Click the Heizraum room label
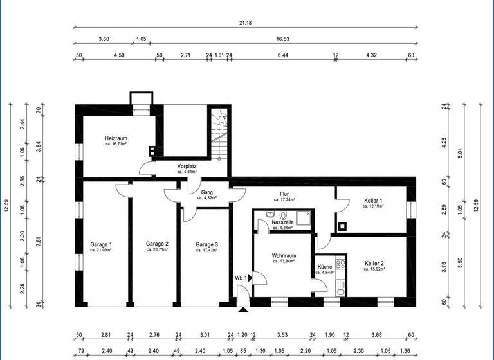[118, 138]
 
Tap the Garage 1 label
[101, 244]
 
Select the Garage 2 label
[156, 244]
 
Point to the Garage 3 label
[206, 244]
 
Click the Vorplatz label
[187, 166]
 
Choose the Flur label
[284, 194]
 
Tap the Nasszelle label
[283, 222]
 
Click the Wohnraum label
[283, 256]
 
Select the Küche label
[324, 267]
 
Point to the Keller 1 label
[373, 201]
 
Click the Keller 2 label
[374, 263]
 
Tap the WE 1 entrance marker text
[240, 278]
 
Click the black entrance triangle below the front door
[242, 310]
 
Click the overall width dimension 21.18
[244, 23]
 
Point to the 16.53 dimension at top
[282, 39]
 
